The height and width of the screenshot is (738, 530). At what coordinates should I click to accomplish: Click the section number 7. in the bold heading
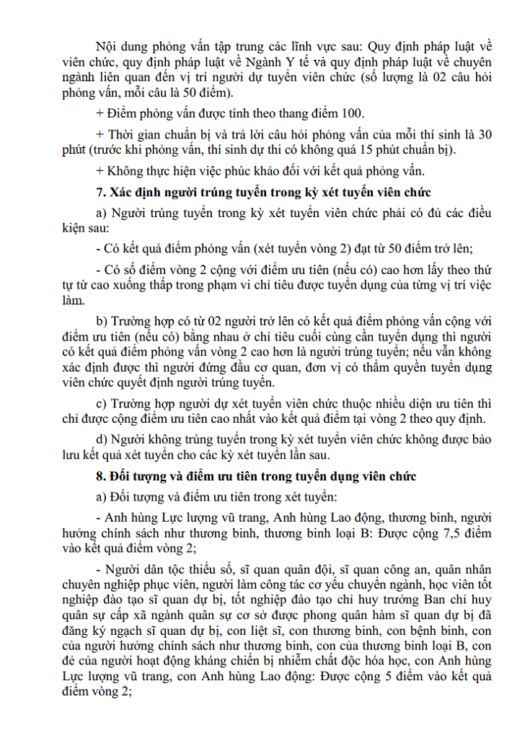click(101, 192)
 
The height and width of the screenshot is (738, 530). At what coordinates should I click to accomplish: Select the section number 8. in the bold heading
click(101, 477)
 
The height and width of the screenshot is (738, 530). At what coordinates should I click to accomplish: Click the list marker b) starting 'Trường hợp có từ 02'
click(102, 320)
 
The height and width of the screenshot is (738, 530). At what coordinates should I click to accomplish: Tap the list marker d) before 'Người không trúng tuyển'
click(102, 439)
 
